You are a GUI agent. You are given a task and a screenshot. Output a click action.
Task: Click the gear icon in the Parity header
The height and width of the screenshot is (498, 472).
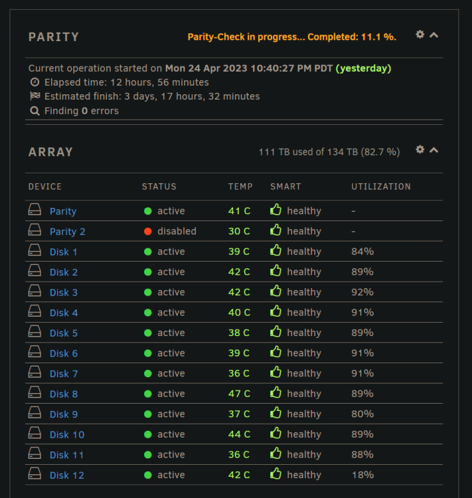[420, 35]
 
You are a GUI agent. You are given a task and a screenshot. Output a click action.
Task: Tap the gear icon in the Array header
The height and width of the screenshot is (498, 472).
[420, 149]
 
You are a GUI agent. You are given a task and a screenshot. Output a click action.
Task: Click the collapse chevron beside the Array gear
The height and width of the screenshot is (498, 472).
[434, 150]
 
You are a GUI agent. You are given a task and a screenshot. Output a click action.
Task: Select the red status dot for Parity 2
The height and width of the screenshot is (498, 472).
[147, 231]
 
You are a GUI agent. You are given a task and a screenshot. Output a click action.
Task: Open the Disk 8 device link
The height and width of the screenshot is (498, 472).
[64, 394]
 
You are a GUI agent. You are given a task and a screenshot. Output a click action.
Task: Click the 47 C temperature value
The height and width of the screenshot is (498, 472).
[239, 394]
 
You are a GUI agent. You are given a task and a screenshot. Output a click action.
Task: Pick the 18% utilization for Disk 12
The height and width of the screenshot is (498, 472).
[362, 475]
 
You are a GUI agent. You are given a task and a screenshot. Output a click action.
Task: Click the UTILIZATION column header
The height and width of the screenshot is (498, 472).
[381, 187]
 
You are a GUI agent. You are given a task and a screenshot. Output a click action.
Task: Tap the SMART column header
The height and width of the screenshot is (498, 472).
[285, 187]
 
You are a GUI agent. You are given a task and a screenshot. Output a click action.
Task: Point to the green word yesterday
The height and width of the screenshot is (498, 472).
[363, 68]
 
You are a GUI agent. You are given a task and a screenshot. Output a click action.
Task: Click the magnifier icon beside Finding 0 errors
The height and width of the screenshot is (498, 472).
[35, 111]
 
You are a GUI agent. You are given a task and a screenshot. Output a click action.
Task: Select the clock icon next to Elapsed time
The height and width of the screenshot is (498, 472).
[35, 82]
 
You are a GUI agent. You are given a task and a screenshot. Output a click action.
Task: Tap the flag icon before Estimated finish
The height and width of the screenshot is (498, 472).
[35, 96]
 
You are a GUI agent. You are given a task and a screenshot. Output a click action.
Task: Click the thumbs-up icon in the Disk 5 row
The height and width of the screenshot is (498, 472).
[275, 332]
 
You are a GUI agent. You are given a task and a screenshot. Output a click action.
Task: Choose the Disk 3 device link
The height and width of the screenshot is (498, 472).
[64, 292]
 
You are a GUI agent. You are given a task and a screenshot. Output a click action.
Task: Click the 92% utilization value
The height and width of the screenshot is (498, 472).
[362, 292]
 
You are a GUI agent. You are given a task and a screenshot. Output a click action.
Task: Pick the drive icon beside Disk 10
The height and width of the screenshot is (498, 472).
[35, 432]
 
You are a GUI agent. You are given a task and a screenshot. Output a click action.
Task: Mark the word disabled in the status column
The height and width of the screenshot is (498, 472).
[177, 231]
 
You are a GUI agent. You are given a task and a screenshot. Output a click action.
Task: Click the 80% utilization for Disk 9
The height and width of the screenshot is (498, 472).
[362, 414]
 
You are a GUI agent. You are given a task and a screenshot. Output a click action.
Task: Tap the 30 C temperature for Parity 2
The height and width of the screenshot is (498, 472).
[239, 231]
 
